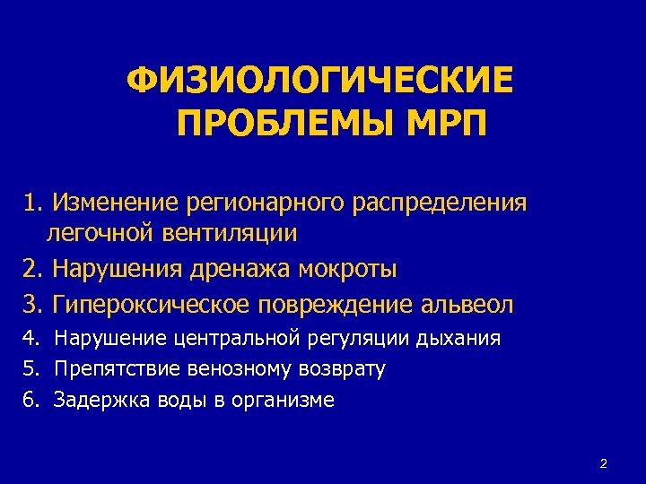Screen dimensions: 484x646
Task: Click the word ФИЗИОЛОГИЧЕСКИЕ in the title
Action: [x=321, y=82]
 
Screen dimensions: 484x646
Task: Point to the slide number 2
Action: [x=603, y=463]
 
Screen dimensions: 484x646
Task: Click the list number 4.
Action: [x=31, y=339]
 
